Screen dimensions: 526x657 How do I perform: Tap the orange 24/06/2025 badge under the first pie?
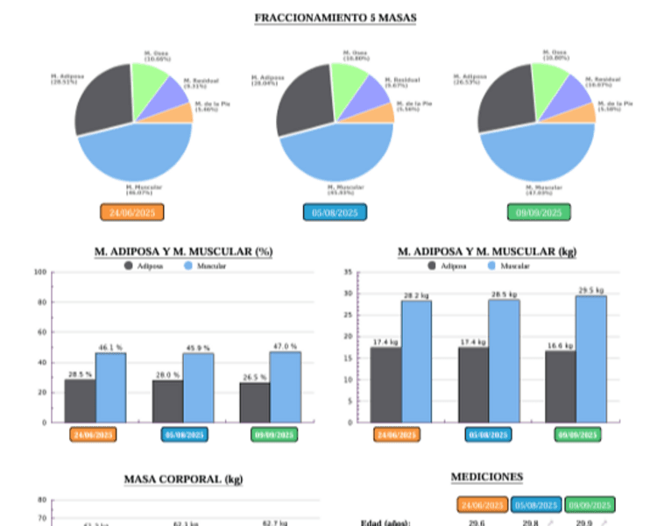point(132,212)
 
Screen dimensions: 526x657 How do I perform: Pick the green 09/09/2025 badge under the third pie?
point(539,212)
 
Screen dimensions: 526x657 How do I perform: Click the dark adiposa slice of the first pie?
point(102,99)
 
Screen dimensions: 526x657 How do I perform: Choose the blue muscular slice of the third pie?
point(534,153)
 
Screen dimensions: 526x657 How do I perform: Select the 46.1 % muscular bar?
point(110,387)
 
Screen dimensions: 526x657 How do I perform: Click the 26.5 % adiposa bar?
point(255,402)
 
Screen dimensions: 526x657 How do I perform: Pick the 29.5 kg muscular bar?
point(590,359)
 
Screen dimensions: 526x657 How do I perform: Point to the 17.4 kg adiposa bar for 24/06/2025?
point(385,385)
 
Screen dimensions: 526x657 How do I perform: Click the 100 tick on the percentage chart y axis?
point(39,272)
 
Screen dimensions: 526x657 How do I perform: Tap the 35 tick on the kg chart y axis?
point(347,272)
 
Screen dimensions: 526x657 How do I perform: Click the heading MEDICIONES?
point(486,477)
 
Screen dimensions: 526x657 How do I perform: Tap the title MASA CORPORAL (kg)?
point(183,480)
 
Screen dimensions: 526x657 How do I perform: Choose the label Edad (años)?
point(386,523)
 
